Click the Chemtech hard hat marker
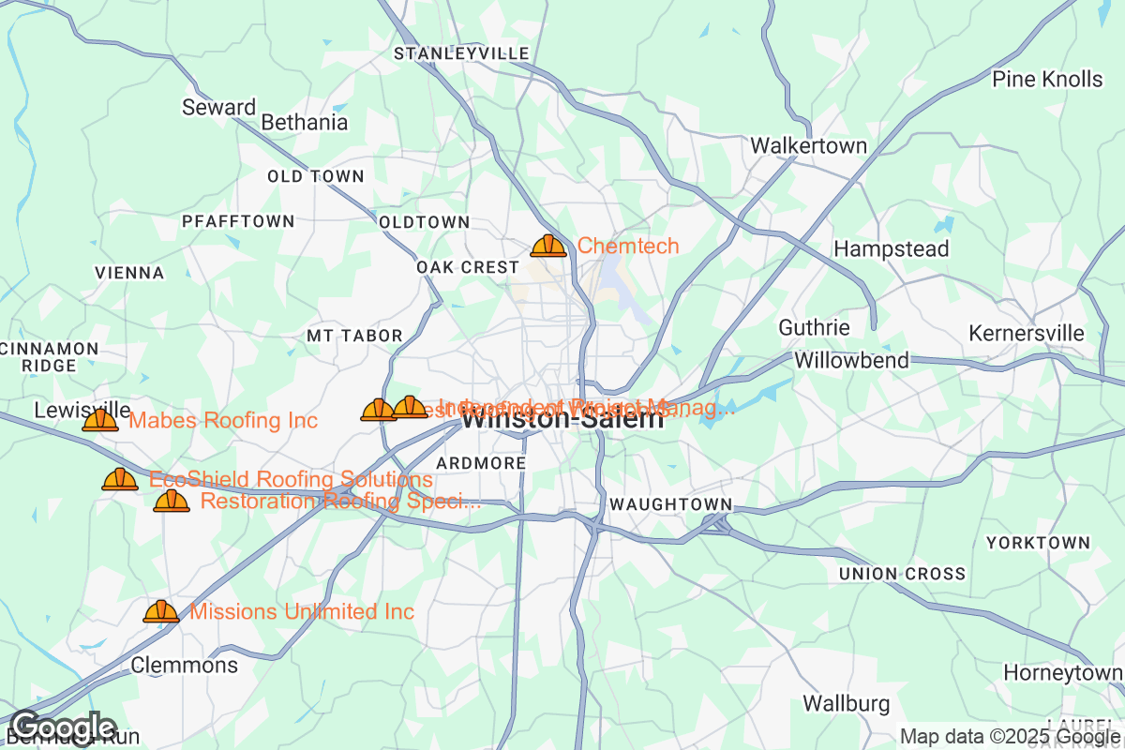[x=548, y=247]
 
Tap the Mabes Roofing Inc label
[x=223, y=421]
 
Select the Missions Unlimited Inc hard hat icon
[x=161, y=612]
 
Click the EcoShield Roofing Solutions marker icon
[x=120, y=480]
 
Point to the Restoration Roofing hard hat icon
[x=172, y=502]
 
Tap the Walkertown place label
[x=808, y=146]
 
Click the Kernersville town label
[x=1026, y=334]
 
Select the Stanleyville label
[x=461, y=53]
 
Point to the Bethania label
[x=304, y=123]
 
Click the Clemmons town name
[x=185, y=666]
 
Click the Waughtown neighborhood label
[x=669, y=504]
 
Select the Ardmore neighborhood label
[x=481, y=464]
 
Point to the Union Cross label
[x=902, y=574]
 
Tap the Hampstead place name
[x=891, y=249]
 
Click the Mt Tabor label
[x=354, y=336]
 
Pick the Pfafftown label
[x=238, y=221]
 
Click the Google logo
[x=63, y=727]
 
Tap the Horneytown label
[x=1062, y=673]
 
